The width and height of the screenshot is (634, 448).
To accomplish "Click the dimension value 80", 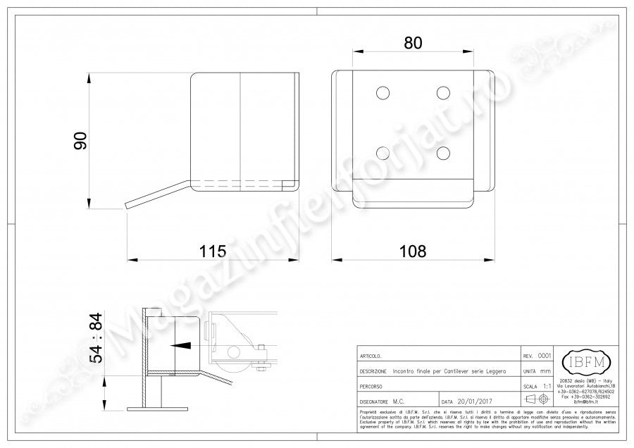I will click(x=413, y=43).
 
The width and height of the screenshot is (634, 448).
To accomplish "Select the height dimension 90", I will click(x=80, y=140).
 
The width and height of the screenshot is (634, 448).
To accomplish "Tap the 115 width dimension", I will click(x=212, y=251).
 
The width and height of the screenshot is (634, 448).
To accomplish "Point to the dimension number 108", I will click(x=413, y=251).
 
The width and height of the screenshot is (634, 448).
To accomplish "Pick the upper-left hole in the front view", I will click(x=383, y=93).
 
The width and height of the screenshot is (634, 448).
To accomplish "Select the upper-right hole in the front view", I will click(x=443, y=93).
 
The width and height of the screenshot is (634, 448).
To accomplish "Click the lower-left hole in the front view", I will click(x=383, y=152).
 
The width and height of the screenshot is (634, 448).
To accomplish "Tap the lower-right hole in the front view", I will click(x=443, y=152).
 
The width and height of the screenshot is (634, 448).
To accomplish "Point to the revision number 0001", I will click(x=545, y=356).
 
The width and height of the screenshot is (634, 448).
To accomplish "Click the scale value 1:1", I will click(x=547, y=387).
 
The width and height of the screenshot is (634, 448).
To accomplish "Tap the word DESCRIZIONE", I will click(x=371, y=371).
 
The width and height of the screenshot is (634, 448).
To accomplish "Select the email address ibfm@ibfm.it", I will click(x=585, y=401).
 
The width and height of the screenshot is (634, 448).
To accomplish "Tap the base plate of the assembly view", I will click(x=158, y=409).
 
